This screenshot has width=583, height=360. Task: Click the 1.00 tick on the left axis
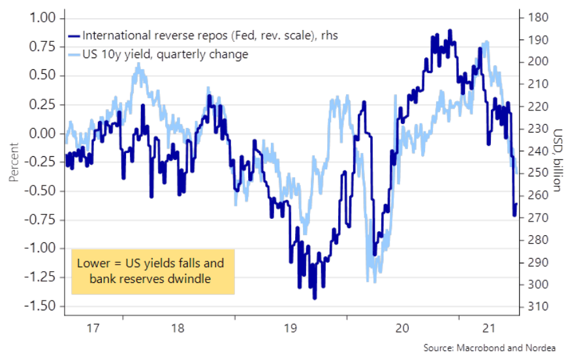click(x=40, y=18)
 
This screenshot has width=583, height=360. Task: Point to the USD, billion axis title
click(x=559, y=161)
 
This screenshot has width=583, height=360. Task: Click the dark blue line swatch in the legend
click(x=74, y=36)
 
